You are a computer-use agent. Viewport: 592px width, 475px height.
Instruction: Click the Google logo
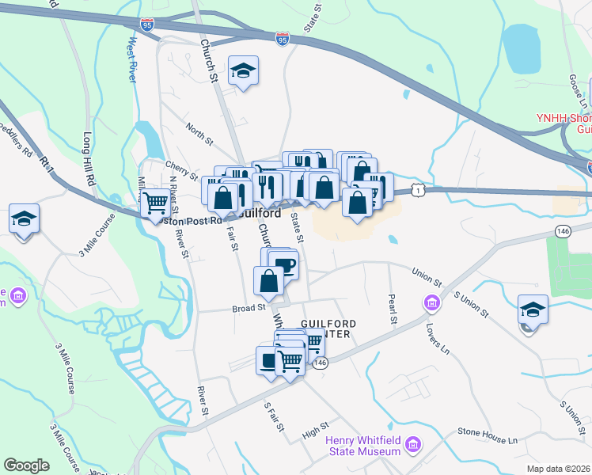(x=26, y=465)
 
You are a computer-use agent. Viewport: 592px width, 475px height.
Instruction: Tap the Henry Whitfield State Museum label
(x=365, y=446)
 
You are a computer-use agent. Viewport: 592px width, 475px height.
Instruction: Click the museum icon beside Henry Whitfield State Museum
(x=412, y=446)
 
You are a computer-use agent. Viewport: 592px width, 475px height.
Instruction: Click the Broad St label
(x=248, y=309)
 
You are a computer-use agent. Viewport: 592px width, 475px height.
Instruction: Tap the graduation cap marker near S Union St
(x=533, y=310)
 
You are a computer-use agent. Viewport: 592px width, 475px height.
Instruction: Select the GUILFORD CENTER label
(x=329, y=329)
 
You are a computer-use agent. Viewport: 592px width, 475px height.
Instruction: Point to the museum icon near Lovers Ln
(x=432, y=302)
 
